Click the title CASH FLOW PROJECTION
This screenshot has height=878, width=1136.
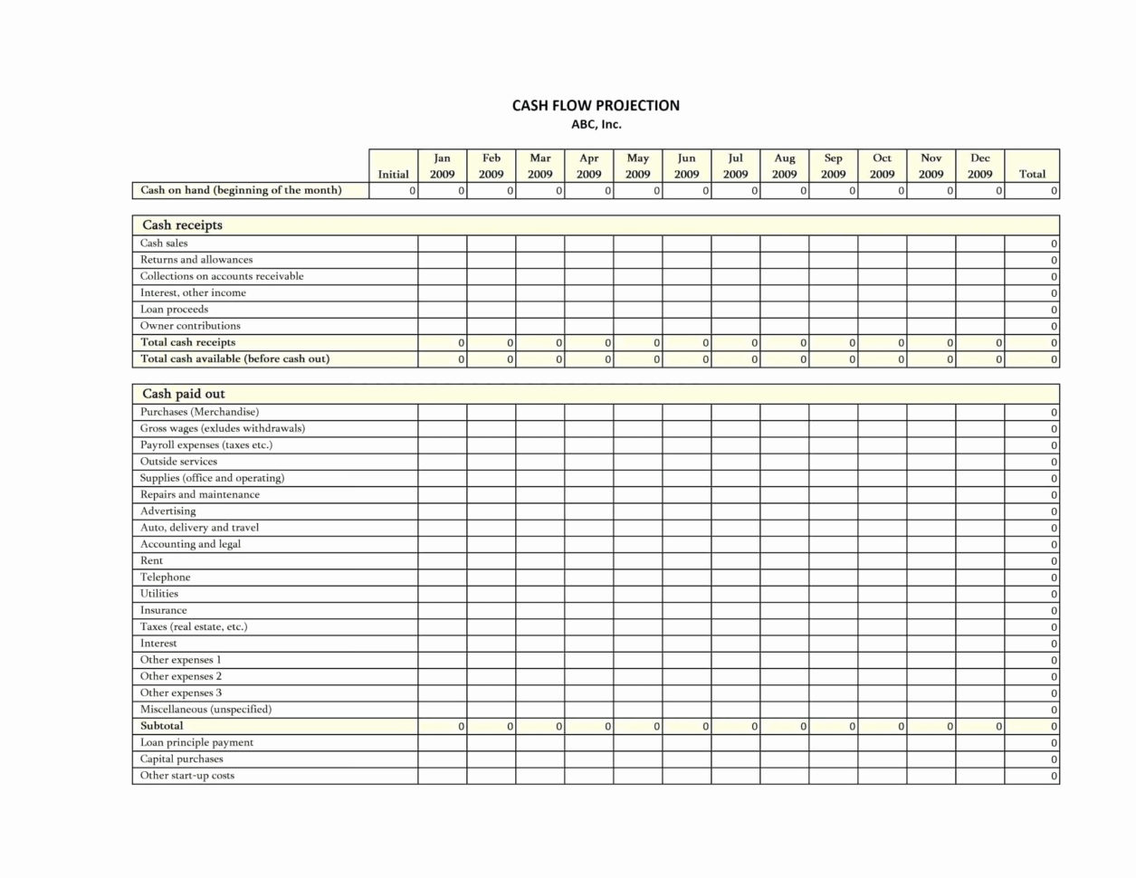[596, 106]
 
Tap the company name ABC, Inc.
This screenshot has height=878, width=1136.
[596, 125]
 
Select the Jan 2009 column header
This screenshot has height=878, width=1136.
[443, 166]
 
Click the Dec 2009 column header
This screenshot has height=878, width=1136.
[980, 166]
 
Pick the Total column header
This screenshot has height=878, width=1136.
[1032, 174]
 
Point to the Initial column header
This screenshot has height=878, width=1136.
[394, 174]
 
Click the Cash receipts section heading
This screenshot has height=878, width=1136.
[182, 225]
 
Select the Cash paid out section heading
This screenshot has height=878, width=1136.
[184, 394]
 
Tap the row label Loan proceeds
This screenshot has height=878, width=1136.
[174, 310]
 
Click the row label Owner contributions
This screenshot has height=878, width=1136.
[190, 326]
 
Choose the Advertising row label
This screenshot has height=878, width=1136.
[167, 511]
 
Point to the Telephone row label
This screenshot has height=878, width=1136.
[165, 577]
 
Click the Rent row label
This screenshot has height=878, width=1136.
[151, 561]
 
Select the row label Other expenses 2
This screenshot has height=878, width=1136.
[181, 676]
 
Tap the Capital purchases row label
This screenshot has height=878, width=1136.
[181, 759]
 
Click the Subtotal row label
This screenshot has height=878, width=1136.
[161, 726]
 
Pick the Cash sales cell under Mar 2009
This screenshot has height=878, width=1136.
[540, 243]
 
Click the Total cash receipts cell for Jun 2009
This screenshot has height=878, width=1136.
[687, 343]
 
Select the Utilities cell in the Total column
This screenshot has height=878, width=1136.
[1032, 595]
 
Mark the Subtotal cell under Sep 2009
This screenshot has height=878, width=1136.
[834, 727]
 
